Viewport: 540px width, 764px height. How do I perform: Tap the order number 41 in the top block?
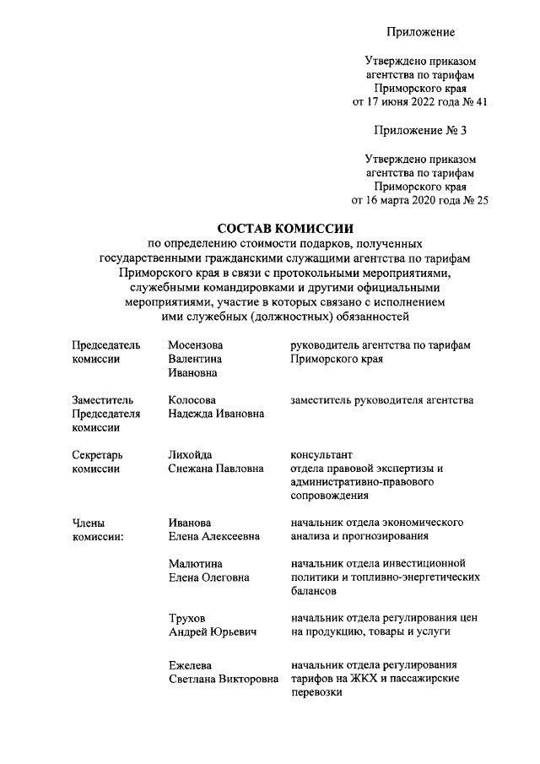(x=481, y=102)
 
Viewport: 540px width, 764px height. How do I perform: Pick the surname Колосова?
(x=192, y=399)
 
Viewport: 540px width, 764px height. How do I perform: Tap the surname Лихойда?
(x=190, y=454)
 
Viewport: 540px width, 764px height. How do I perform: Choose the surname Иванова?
(x=189, y=523)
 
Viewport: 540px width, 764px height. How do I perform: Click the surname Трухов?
(x=186, y=617)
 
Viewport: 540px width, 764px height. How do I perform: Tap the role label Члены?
(x=89, y=523)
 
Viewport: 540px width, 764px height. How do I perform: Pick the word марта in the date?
(x=398, y=200)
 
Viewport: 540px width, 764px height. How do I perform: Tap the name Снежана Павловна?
(x=216, y=468)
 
